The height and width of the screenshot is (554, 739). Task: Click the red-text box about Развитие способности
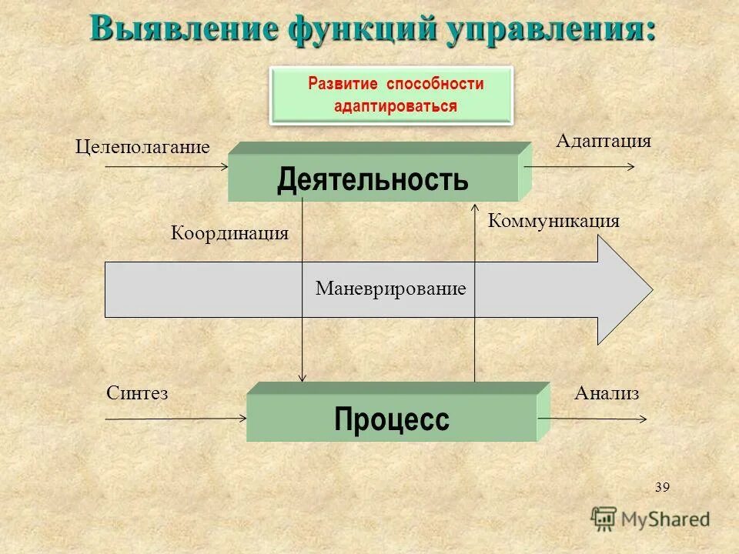pos(392,95)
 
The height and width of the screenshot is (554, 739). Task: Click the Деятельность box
pos(373,179)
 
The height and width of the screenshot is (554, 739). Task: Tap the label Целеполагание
pos(142,147)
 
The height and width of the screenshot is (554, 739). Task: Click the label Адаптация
pos(603,141)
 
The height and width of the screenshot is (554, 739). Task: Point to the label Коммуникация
pos(553,222)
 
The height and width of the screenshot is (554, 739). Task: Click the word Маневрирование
pos(391,289)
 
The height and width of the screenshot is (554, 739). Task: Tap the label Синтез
pos(137,393)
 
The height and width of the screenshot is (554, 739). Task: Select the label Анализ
pos(607,394)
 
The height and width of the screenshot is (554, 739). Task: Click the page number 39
pos(662,487)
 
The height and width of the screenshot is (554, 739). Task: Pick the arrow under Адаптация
pos(580,166)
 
